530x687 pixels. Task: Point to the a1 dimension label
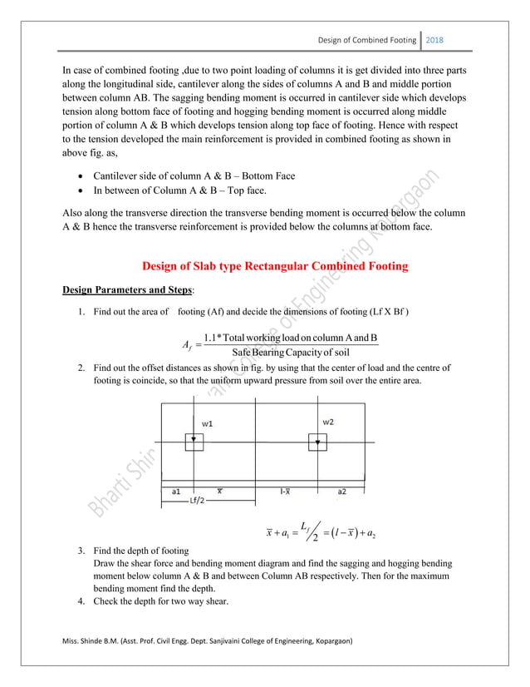tap(177, 492)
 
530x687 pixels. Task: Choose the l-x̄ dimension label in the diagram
tap(284, 492)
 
